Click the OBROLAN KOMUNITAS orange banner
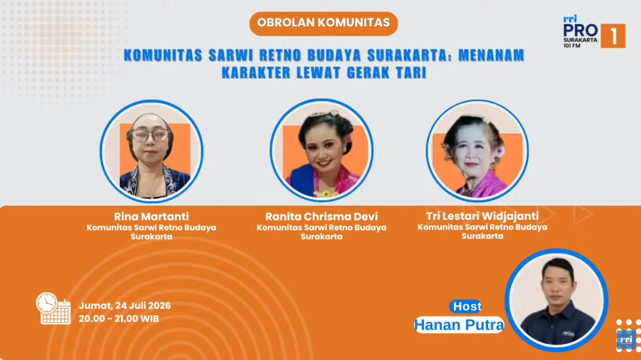tap(324, 23)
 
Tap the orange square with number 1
tap(613, 36)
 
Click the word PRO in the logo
tap(580, 31)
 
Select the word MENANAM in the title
tap(491, 55)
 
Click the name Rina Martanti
tap(151, 216)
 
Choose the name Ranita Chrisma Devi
tap(322, 216)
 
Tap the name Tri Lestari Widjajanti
tap(482, 216)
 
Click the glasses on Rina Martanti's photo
tap(150, 135)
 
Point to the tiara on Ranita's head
tap(325, 113)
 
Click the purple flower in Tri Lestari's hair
tap(501, 151)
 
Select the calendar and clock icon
tap(53, 308)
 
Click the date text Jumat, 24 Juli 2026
tap(125, 306)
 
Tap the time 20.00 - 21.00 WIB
tap(119, 319)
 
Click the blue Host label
tap(465, 306)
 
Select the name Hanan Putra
tap(459, 325)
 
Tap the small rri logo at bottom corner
tap(626, 340)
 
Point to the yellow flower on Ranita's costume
tap(325, 194)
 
